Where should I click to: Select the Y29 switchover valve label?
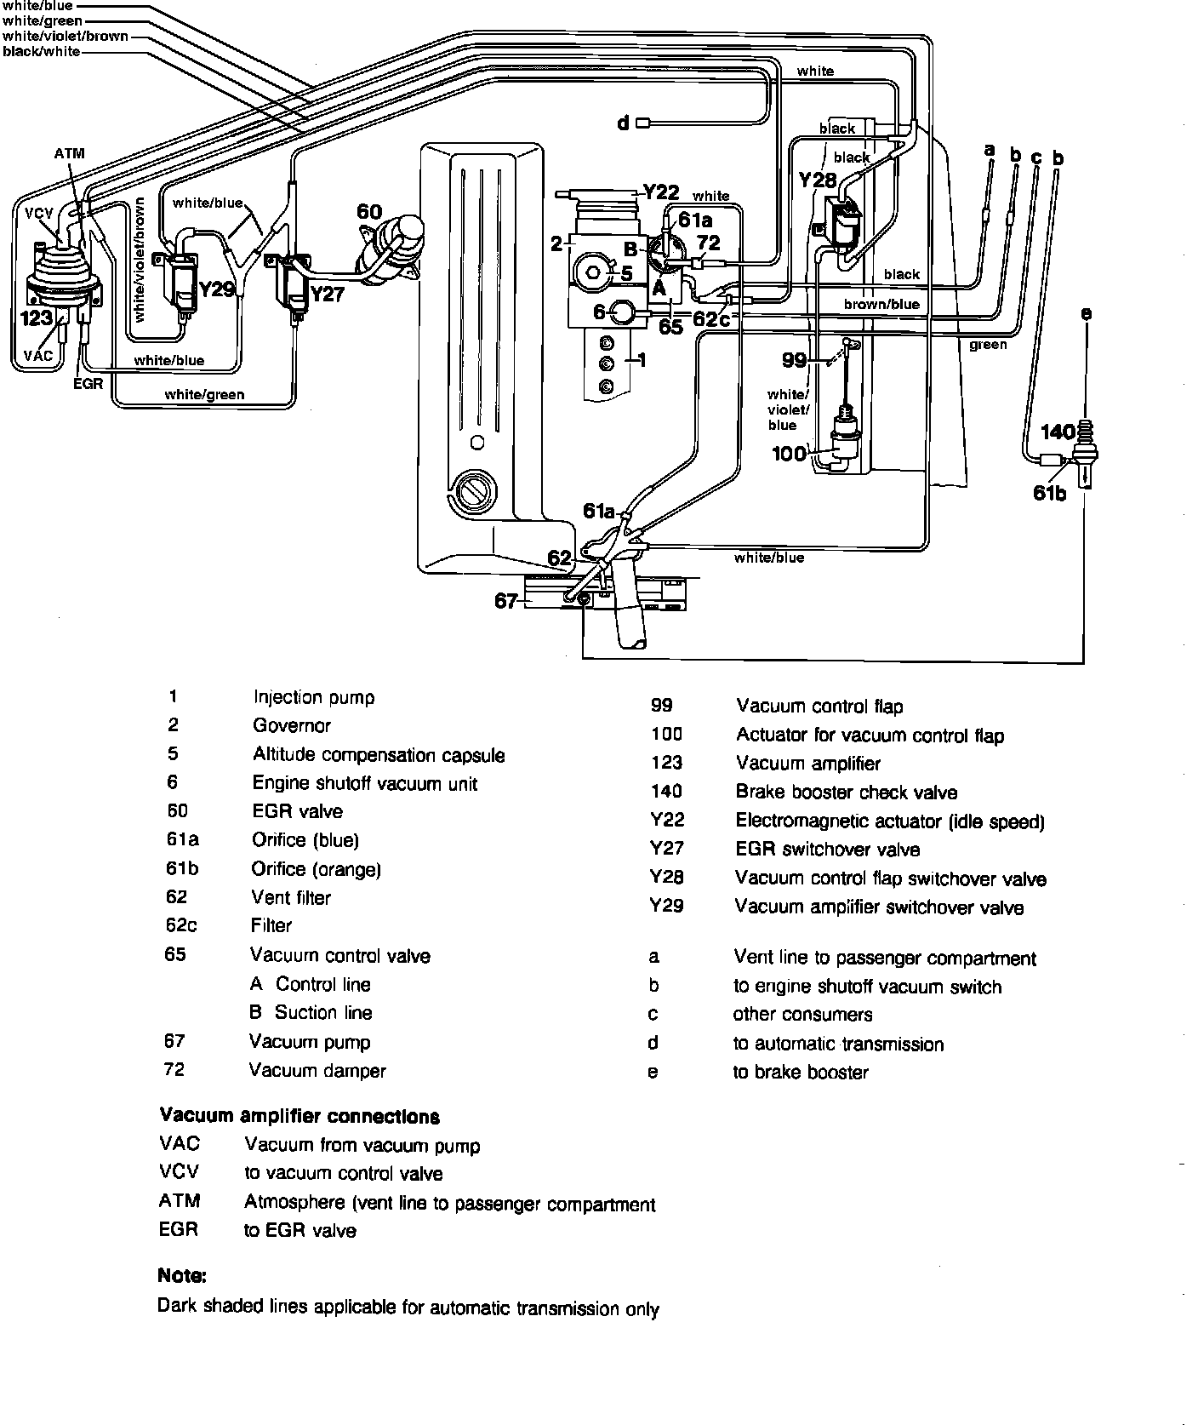(216, 290)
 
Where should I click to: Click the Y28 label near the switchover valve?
(818, 181)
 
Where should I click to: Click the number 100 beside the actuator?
(789, 453)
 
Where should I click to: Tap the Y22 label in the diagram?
(661, 192)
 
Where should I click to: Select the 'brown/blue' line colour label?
(881, 304)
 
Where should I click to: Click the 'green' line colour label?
(988, 345)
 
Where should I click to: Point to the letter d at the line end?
(623, 124)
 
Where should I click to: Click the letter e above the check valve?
(1085, 314)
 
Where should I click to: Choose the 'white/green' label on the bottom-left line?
(204, 394)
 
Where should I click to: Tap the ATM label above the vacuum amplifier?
(69, 154)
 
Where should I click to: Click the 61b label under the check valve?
(1049, 492)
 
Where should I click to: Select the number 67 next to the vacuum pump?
(506, 601)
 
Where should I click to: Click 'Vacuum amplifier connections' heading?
(299, 1116)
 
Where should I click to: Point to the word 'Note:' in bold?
(182, 1275)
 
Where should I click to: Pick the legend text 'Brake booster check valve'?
(846, 793)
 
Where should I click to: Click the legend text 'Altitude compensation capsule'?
(379, 755)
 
